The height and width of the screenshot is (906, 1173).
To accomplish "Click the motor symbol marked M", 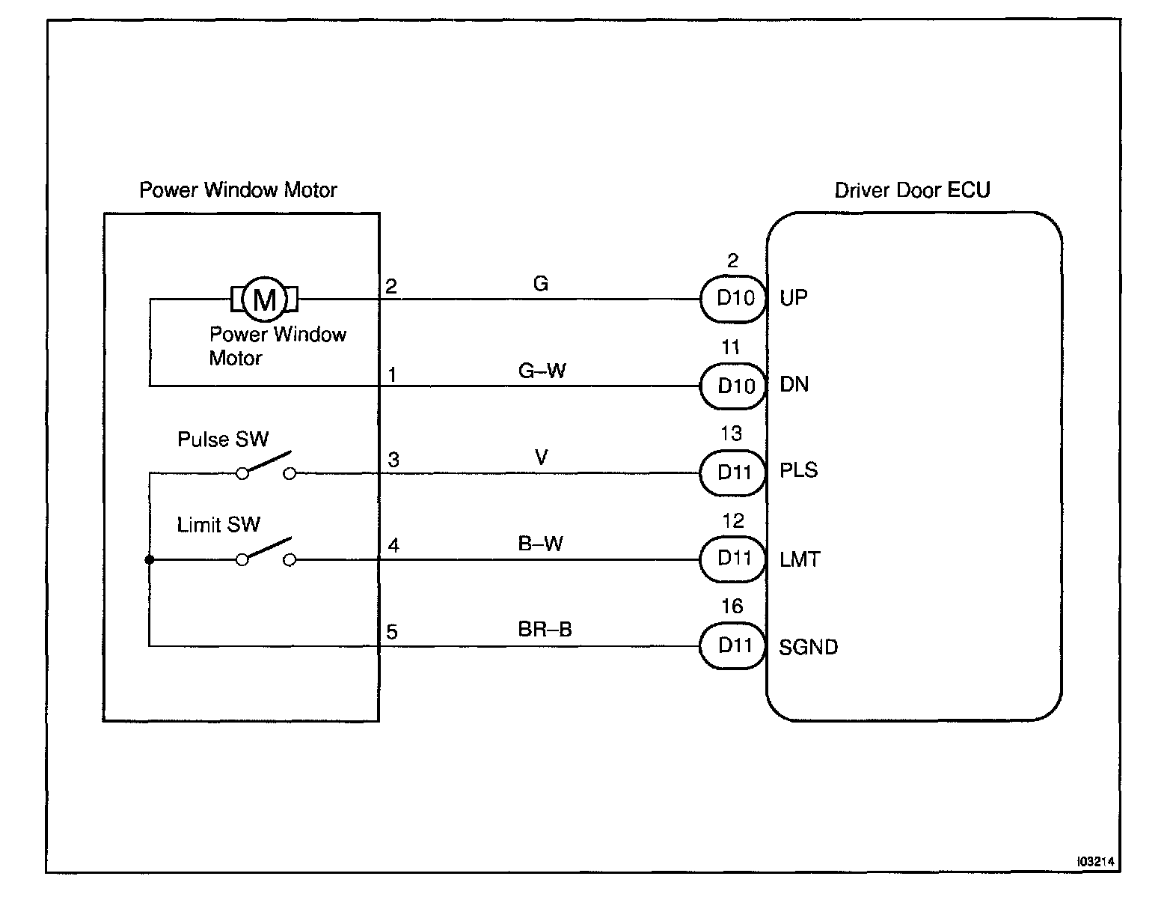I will click(265, 299).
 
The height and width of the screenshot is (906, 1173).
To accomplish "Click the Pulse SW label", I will click(222, 439).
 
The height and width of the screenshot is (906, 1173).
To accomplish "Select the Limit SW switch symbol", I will click(266, 553).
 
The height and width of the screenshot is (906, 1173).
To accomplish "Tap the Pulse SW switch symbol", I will click(266, 466).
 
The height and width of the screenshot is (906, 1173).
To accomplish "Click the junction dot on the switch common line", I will click(150, 559).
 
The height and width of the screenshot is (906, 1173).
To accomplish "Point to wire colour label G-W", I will click(542, 371).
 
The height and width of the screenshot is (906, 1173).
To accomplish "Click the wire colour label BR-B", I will click(545, 630).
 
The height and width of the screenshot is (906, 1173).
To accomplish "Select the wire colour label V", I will click(542, 457).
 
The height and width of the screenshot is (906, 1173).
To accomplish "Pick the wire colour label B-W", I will click(541, 544).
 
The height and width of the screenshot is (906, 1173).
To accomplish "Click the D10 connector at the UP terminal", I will click(734, 299).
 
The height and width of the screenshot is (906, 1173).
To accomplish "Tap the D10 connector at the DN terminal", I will click(734, 386).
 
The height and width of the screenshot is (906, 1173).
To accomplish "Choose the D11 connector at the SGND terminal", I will click(734, 645).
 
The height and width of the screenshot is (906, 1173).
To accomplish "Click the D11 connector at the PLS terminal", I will click(734, 472).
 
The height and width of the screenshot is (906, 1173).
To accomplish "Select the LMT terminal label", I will click(799, 559).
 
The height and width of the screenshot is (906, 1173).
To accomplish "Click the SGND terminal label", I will click(808, 647).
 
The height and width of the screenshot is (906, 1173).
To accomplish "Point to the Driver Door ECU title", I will click(912, 190).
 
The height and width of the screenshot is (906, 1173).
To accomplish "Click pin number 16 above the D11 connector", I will click(732, 606).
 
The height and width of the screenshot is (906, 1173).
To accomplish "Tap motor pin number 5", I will click(392, 633).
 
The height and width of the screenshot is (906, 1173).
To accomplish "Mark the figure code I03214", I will click(1095, 862).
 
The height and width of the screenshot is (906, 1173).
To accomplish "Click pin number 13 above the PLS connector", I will click(731, 434).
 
